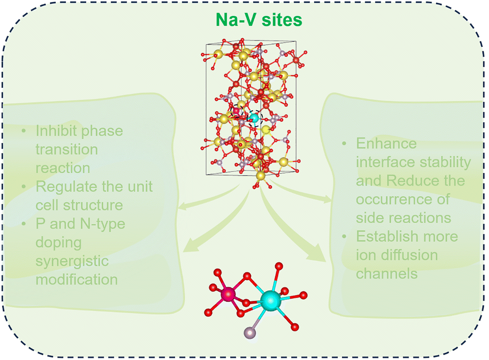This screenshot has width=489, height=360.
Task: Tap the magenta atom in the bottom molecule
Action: pos(229,294)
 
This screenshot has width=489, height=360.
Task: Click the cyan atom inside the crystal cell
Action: pos(255,118)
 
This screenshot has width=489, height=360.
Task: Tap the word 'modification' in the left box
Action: pos(77,279)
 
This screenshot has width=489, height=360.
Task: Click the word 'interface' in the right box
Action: pos(390,162)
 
